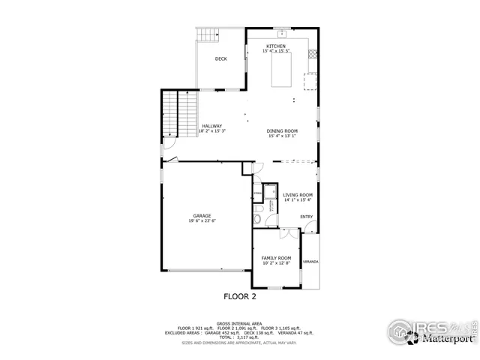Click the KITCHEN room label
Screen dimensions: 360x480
point(275,46)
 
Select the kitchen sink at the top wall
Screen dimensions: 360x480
point(281,32)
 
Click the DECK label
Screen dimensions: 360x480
point(220,58)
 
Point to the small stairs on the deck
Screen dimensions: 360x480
point(207,34)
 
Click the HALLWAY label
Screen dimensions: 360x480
point(212,126)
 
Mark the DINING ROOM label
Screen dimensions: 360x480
point(282,131)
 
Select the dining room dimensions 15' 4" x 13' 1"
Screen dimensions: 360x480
point(282,136)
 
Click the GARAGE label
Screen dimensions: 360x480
point(201,216)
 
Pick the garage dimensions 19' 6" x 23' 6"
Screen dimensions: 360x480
point(201,221)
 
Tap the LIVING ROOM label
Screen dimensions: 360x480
point(298,195)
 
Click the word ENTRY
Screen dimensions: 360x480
point(306,217)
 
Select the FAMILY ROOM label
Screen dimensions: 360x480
point(276,258)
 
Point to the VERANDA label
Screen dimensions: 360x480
point(310,262)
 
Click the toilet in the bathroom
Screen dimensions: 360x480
point(257,219)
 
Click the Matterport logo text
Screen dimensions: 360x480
point(448,339)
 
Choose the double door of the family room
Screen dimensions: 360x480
point(285,233)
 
